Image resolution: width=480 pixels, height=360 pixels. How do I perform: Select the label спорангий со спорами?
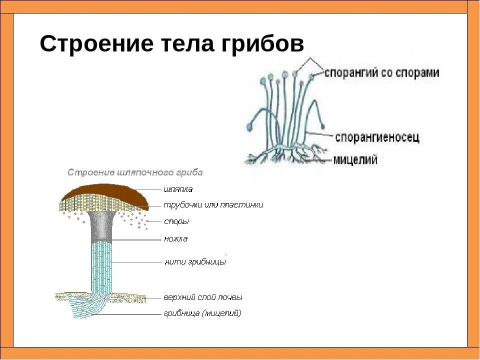382,72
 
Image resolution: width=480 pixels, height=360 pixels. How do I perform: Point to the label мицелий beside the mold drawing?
355,160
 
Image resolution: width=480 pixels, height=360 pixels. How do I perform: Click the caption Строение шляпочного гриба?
135,172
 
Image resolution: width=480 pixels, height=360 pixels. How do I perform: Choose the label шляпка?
178,189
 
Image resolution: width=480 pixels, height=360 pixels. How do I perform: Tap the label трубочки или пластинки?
213,205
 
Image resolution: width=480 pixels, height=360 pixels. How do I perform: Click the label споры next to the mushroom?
176,221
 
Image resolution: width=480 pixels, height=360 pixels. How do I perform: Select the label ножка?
175,239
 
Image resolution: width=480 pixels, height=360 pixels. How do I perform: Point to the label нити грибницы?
195,261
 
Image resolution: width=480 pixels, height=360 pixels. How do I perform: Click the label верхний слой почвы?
202,297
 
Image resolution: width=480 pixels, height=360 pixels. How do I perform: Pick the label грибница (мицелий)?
202,313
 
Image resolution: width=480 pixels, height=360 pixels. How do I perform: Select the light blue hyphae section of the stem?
101,265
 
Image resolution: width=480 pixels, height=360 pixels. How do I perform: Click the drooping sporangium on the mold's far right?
324,126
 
